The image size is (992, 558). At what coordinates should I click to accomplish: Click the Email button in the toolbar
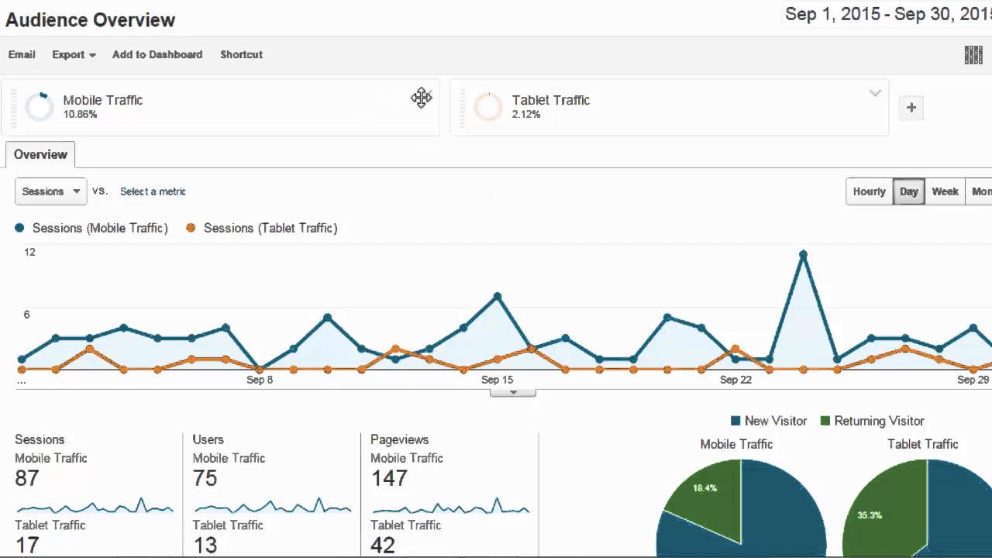[22, 54]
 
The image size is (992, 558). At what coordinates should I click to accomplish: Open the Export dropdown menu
[74, 54]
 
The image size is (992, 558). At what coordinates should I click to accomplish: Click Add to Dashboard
[157, 54]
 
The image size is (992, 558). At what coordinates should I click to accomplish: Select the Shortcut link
[241, 54]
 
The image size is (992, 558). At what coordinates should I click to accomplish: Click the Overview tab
[40, 154]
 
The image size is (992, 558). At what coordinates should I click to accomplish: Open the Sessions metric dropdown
[51, 191]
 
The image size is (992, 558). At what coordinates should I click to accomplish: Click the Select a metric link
[153, 191]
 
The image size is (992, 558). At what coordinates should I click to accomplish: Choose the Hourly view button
[869, 191]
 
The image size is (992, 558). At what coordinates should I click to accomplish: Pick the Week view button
[945, 191]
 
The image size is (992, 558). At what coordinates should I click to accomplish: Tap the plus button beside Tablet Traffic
[911, 108]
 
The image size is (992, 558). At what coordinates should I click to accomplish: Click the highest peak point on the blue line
[803, 254]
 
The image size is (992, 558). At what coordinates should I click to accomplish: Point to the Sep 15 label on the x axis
[497, 380]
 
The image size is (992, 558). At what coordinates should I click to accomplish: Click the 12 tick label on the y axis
[29, 252]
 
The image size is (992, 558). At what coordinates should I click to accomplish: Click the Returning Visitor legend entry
[879, 421]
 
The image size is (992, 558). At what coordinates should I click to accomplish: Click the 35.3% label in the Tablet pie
[870, 515]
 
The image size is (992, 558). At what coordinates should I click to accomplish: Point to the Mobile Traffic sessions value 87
[26, 478]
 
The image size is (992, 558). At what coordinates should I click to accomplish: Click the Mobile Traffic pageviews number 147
[389, 478]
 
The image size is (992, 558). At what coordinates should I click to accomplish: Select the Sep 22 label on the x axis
[735, 380]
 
